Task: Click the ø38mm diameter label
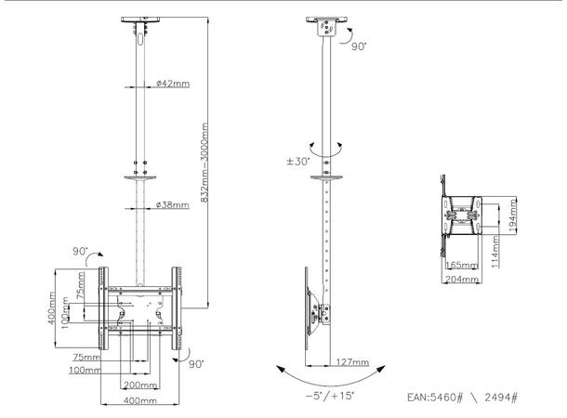tap(173, 204)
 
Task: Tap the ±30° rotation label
tap(298, 163)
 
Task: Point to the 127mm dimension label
tap(353, 362)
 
